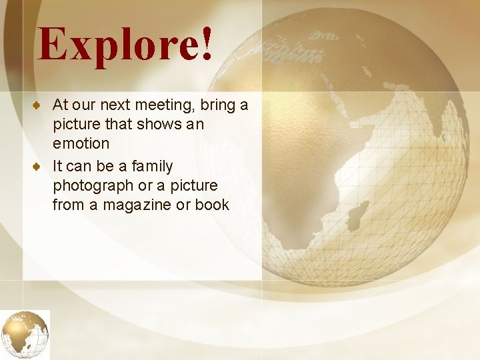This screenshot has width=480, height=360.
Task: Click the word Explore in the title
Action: [x=117, y=45]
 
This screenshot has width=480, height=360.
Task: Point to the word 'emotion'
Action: [x=81, y=143]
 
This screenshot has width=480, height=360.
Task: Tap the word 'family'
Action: [x=152, y=166]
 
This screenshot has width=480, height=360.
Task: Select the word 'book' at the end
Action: [x=212, y=205]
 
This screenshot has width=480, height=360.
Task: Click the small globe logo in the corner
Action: [x=25, y=334]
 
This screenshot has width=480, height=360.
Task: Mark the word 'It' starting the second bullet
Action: [x=57, y=166]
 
